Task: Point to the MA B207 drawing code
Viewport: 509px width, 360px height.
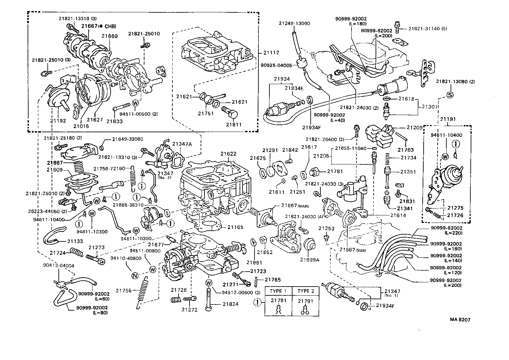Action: tap(460, 319)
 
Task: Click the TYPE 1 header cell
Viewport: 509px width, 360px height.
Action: tap(278, 291)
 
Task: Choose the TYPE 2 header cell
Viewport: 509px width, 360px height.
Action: tap(306, 291)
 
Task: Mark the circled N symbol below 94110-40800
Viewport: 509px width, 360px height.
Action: tap(135, 276)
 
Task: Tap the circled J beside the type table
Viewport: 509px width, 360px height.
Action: tap(257, 303)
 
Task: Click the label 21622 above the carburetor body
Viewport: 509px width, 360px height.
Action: tap(229, 154)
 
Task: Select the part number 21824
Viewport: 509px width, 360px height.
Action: tap(230, 304)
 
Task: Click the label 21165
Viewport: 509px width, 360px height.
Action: tap(235, 227)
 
